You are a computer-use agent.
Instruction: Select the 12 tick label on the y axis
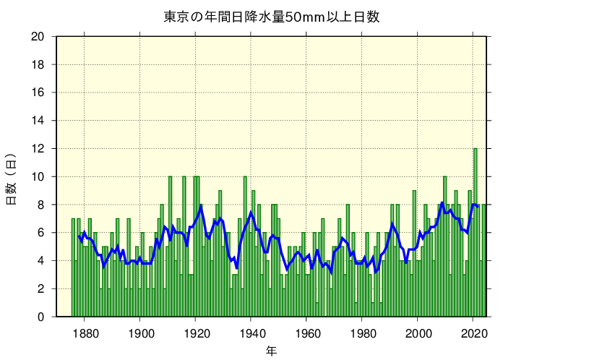[x=38, y=149]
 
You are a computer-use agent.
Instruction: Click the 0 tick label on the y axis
[x=41, y=317]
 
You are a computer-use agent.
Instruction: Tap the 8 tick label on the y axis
[x=41, y=205]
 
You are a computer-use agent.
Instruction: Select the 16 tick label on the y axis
[x=38, y=93]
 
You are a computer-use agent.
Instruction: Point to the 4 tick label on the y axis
[x=41, y=261]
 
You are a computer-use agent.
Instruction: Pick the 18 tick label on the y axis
[x=38, y=65]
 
